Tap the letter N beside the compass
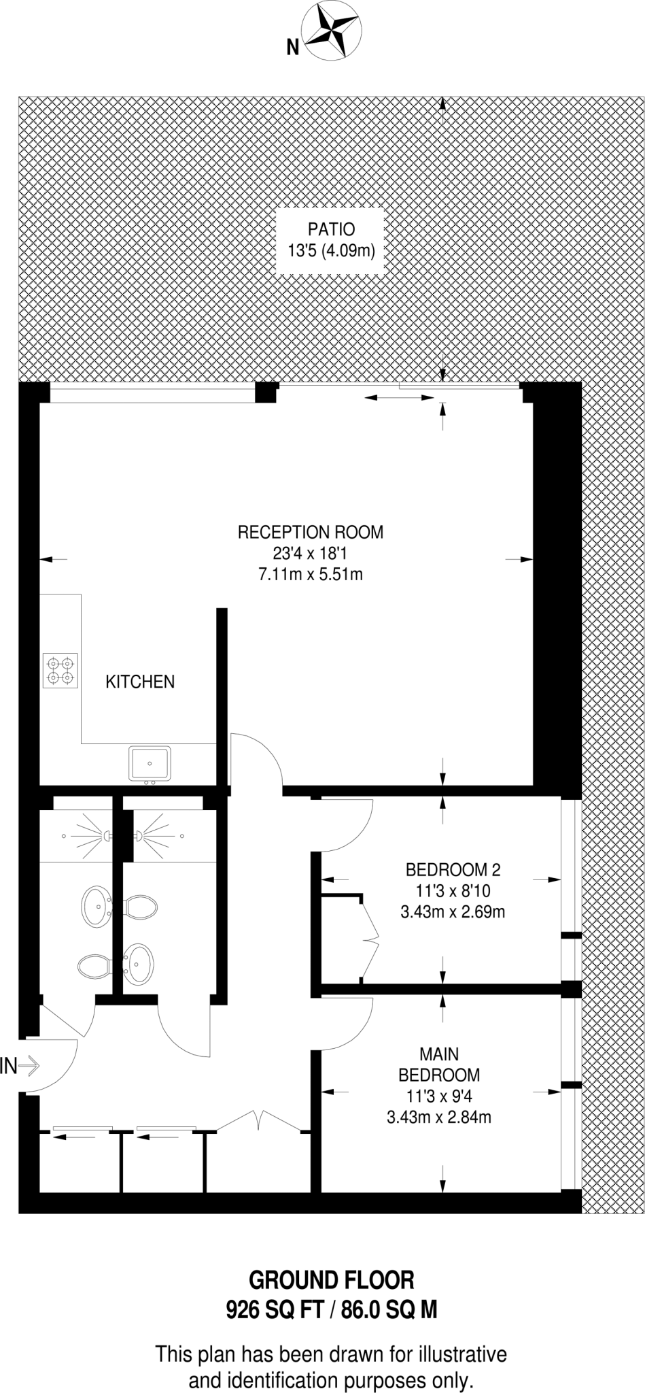point(293,47)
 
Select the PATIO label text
point(331,229)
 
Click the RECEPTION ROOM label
point(310,532)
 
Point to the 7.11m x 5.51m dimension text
point(310,574)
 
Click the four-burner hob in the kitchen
point(60,670)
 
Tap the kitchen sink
point(150,762)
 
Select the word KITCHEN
point(140,681)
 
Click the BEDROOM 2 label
point(453,869)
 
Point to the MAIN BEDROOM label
point(439,1064)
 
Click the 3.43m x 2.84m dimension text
point(439,1117)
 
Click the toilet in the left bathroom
point(94,965)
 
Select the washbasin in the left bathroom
point(96,907)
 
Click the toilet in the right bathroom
point(141,906)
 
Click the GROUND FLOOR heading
point(331,1280)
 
